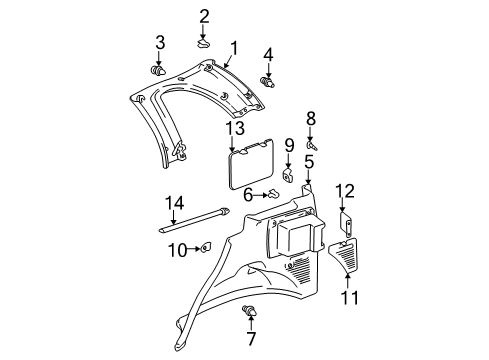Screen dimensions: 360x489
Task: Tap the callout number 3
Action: click(x=159, y=41)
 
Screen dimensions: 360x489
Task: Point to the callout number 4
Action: click(x=268, y=54)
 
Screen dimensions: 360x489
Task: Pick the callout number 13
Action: click(x=235, y=129)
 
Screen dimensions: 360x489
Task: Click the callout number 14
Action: click(x=174, y=202)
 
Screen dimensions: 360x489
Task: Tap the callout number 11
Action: click(x=348, y=296)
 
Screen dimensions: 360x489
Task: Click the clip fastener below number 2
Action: click(x=203, y=43)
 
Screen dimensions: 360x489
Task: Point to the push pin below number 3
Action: click(x=159, y=70)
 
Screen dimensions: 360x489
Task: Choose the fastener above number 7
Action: click(x=247, y=312)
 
